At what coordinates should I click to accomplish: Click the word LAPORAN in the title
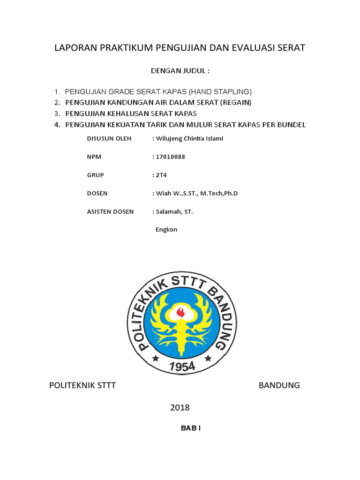click(75, 48)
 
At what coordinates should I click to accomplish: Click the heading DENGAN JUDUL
click(180, 71)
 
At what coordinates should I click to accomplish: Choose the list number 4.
click(57, 125)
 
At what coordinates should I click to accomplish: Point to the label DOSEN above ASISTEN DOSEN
click(97, 193)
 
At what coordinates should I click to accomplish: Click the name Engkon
click(166, 230)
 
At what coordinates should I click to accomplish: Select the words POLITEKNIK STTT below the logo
click(82, 385)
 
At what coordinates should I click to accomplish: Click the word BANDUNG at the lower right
click(279, 385)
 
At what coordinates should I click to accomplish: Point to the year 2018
click(180, 408)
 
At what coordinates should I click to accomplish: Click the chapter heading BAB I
click(191, 428)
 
